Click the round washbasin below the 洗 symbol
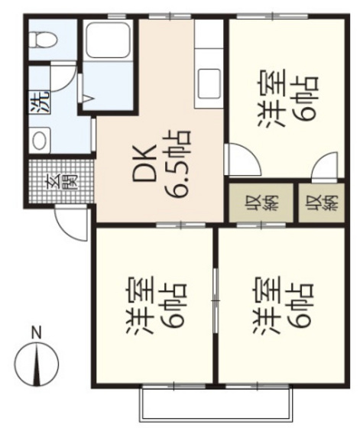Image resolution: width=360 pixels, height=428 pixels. pos(40,139)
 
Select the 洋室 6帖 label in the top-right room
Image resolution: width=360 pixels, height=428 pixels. pos(278,100)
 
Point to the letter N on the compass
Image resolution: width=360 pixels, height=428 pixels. pos(35,332)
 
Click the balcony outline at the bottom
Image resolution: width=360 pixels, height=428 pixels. pos(215,400)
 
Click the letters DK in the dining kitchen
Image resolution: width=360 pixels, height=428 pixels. pos(146,163)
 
